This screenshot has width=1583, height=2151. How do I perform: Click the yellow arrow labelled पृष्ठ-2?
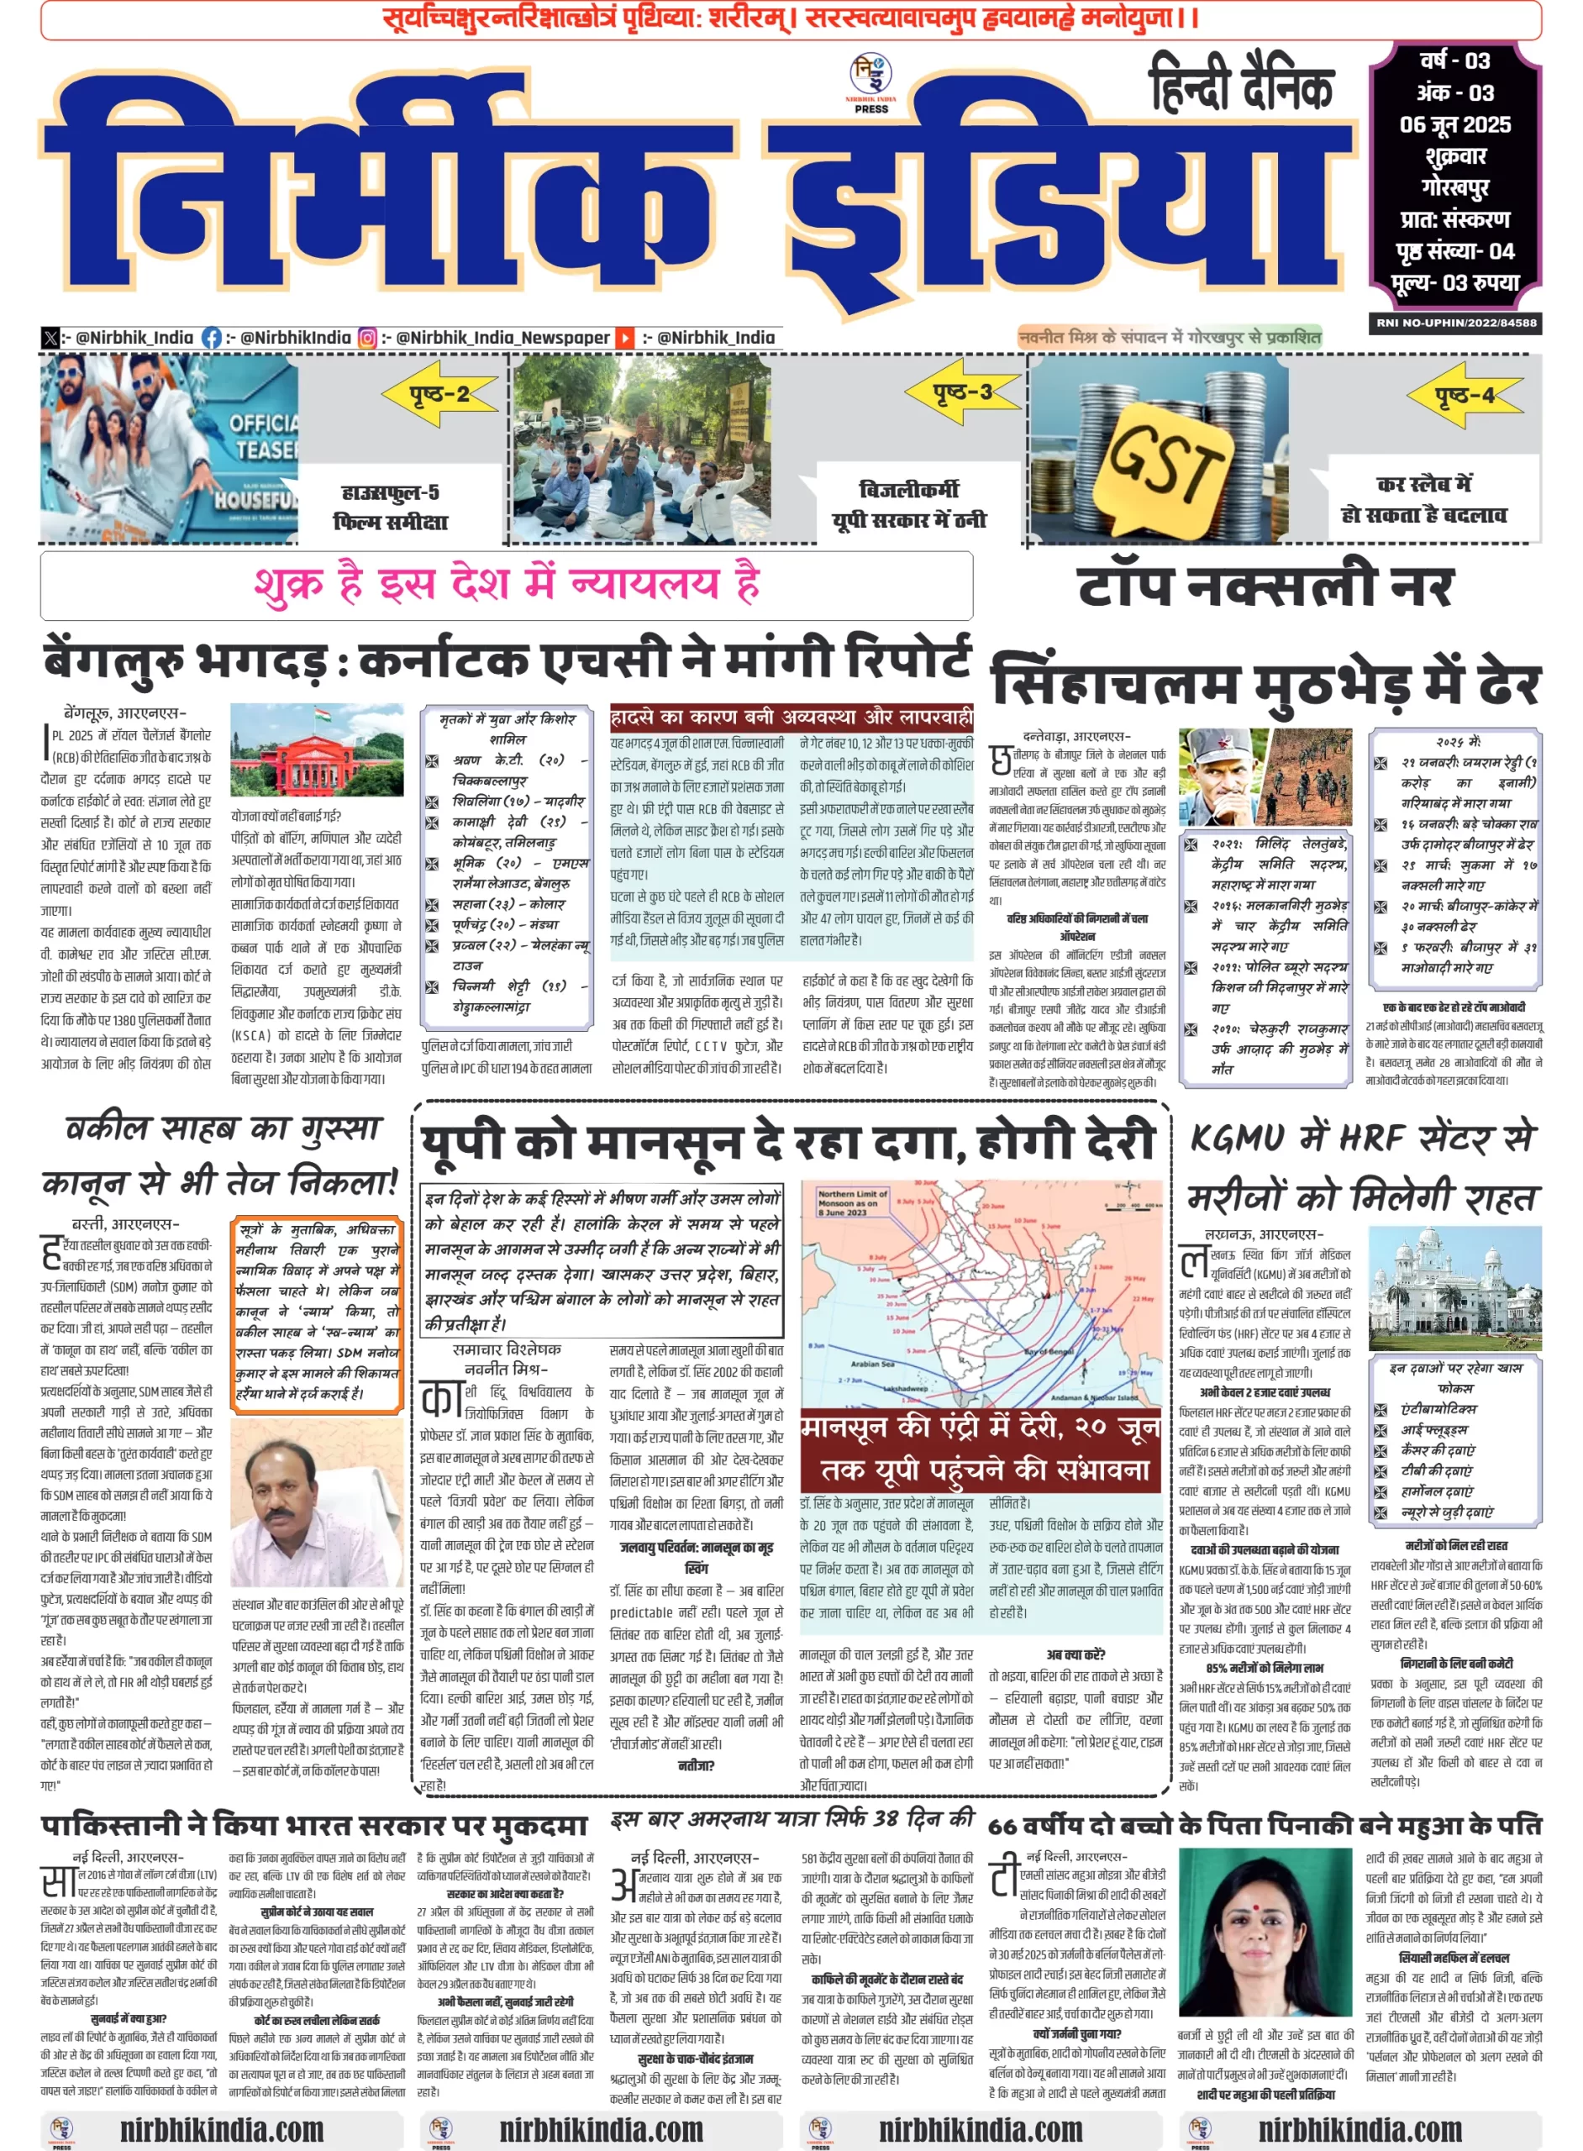(x=439, y=394)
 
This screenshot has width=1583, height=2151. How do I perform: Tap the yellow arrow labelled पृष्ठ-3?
(x=962, y=391)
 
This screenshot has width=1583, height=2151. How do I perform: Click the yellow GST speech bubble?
(x=1168, y=463)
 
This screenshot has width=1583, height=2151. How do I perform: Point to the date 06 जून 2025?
(x=1454, y=124)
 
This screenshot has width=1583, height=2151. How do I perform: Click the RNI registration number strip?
(x=1455, y=323)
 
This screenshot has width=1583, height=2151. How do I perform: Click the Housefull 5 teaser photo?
(x=169, y=450)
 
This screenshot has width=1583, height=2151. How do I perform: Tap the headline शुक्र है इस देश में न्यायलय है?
(x=506, y=583)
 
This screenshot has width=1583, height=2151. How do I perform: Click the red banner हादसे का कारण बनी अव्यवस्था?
(x=791, y=718)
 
